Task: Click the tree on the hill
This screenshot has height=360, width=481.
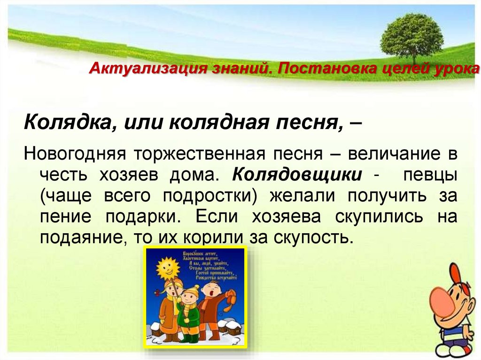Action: click(411, 35)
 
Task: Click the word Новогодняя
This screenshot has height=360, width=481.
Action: click(76, 154)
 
